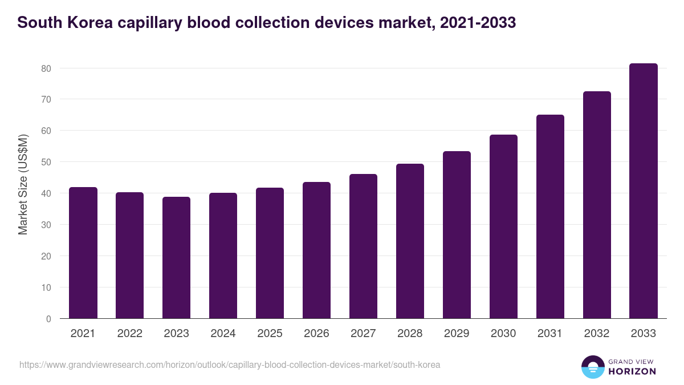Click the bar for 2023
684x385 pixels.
click(x=176, y=258)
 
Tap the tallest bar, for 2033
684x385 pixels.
click(x=644, y=191)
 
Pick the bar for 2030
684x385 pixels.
click(x=503, y=226)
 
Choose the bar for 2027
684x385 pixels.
click(x=363, y=246)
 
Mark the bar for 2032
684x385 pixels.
click(x=597, y=205)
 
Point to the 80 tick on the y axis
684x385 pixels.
click(x=46, y=68)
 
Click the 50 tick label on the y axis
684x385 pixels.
click(x=46, y=162)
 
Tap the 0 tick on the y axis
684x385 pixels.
click(x=48, y=319)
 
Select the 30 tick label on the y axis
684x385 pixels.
click(x=46, y=225)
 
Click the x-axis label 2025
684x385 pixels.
click(x=270, y=334)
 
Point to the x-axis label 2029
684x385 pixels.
click(x=457, y=334)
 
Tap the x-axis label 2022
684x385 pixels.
click(x=129, y=334)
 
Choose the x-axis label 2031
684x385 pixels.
click(x=550, y=334)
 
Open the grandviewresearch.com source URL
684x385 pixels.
click(x=230, y=364)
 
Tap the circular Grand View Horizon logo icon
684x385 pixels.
click(x=593, y=367)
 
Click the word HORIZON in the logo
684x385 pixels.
click(x=632, y=371)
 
